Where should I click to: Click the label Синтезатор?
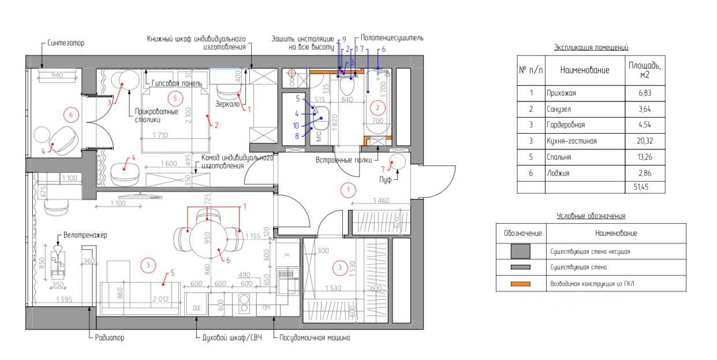pos(66,43)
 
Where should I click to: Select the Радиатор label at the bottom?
pos(109,337)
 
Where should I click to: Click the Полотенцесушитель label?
pos(392,37)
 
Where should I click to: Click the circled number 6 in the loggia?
pos(71,115)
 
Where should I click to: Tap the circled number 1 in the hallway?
pos(348,190)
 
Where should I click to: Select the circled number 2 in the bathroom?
pos(378,107)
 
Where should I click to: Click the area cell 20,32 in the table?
pos(645,141)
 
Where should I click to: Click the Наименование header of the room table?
pos(585,70)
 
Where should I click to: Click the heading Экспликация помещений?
pos(591,47)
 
